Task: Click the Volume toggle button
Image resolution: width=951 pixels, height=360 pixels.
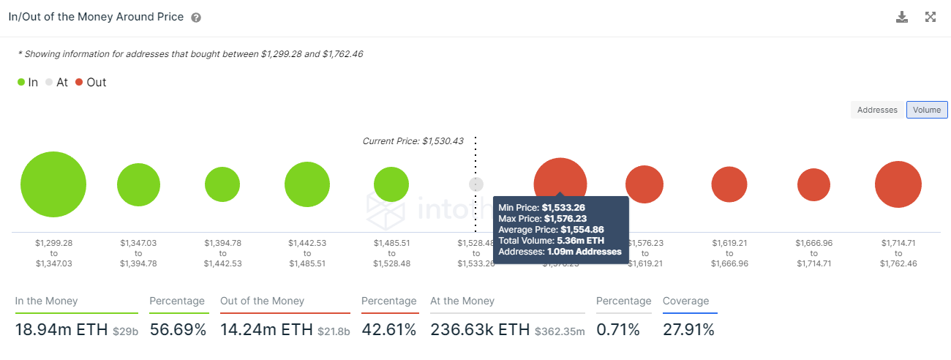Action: coord(927,110)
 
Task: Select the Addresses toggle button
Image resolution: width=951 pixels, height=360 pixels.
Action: coord(877,110)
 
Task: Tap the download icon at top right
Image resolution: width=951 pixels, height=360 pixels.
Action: coord(902,17)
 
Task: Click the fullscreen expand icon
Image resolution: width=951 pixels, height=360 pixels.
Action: coord(931,17)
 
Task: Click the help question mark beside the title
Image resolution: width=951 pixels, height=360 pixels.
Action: coord(196,18)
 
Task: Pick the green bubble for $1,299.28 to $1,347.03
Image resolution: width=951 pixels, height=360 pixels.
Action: coord(53,184)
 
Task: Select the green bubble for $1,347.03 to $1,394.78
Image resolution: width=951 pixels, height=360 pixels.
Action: coord(138,184)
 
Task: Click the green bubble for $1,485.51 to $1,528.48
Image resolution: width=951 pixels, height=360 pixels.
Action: coord(391,184)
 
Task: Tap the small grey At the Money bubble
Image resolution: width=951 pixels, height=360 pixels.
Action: coord(476,184)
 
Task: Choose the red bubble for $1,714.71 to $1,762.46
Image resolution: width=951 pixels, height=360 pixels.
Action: coord(898,184)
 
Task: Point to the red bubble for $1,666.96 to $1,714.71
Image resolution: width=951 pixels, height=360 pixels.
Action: coord(813,184)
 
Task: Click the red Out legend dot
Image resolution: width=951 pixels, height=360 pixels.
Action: coord(79,82)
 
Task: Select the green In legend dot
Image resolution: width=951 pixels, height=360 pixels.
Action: coord(21,82)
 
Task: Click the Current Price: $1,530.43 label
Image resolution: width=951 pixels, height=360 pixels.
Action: coord(413,141)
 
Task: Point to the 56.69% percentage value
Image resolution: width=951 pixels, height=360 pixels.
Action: coord(178,330)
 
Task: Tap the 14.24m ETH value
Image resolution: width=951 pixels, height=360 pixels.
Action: coord(266,330)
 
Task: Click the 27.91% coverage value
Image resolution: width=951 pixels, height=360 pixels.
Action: coord(688,330)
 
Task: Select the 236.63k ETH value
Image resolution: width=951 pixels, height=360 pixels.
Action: coord(480,330)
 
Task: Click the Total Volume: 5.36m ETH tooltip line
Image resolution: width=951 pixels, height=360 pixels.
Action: coord(551,240)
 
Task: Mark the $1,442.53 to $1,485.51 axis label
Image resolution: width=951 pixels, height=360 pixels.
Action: coord(307,252)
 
